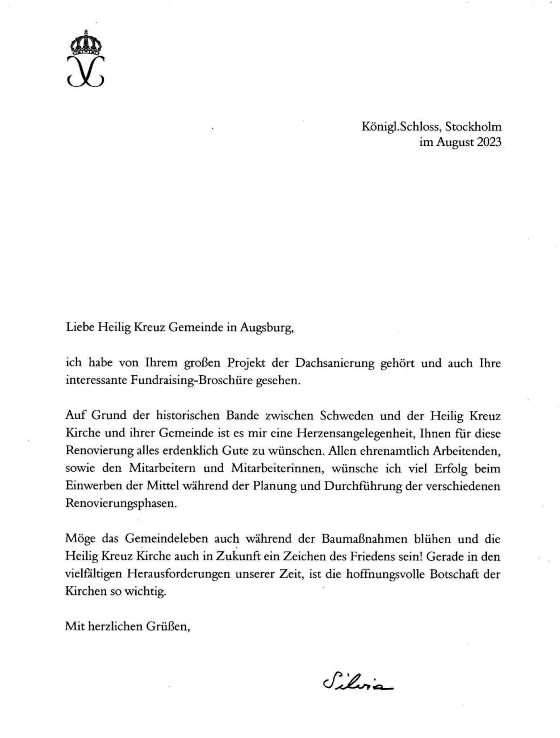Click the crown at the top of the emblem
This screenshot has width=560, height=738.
point(85,43)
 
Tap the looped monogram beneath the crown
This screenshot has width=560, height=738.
point(85,70)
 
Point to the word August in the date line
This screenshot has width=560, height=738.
point(455,142)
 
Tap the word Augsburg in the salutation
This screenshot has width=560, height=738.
point(266,328)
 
